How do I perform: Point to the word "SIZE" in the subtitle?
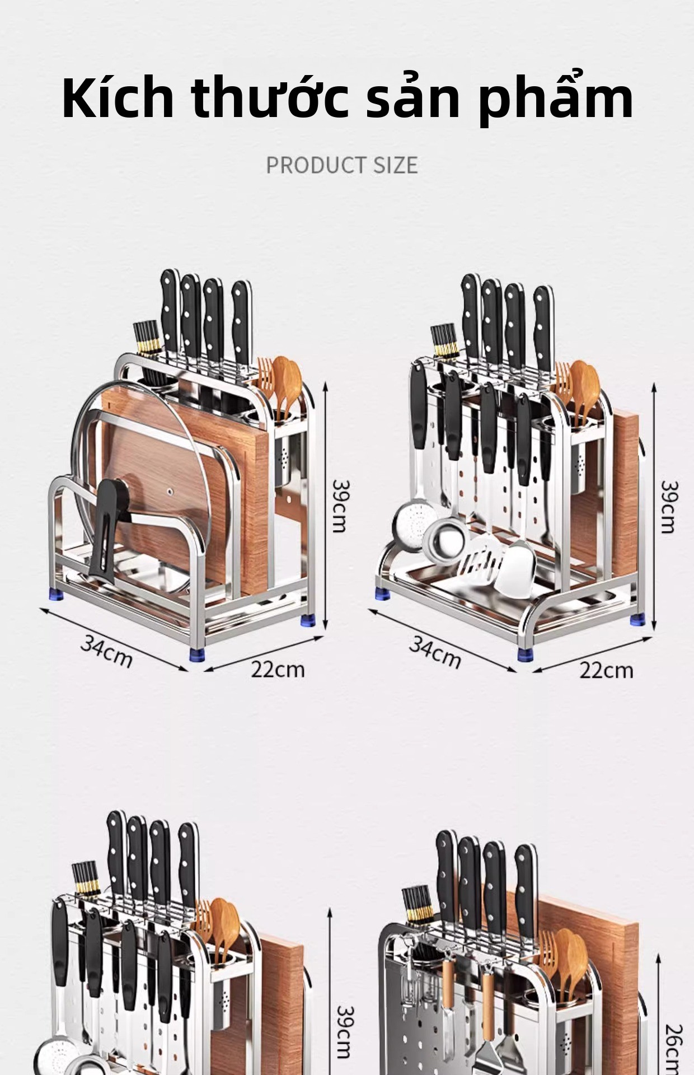(x=396, y=165)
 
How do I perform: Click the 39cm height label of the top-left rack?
(x=340, y=506)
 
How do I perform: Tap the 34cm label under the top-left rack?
(x=106, y=651)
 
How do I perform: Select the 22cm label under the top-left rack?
(x=278, y=669)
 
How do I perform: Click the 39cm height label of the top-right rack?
(x=669, y=507)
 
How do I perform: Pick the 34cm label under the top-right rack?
(x=435, y=652)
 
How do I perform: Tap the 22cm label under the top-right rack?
(x=606, y=670)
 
